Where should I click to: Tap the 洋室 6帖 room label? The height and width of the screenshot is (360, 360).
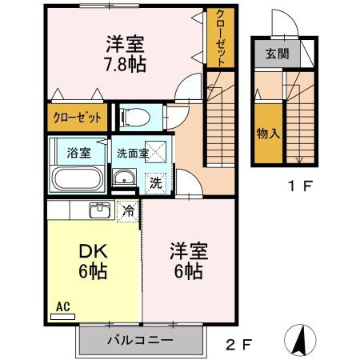pos(189,262)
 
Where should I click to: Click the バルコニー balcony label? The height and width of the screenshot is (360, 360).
pos(141,341)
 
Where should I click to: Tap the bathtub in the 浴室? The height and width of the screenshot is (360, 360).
pos(77,178)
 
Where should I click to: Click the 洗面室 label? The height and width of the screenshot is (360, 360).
pos(132,152)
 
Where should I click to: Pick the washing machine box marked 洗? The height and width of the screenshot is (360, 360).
pos(157,182)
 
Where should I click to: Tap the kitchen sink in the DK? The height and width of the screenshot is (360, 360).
pos(100,210)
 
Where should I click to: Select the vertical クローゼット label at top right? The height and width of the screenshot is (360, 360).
pos(219,39)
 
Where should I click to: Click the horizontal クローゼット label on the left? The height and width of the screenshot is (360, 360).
pos(78,118)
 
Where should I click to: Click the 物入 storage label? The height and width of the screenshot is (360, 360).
pos(267,134)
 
